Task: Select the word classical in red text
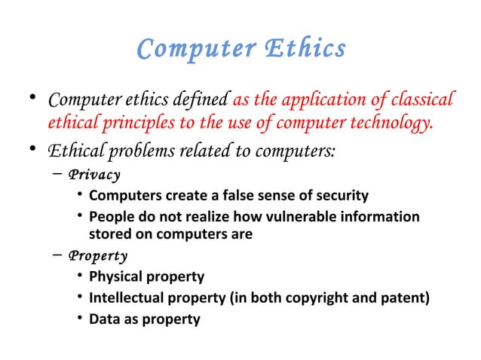click(422, 99)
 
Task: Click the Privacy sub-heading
click(93, 175)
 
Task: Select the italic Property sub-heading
click(97, 255)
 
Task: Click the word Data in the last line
click(104, 319)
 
